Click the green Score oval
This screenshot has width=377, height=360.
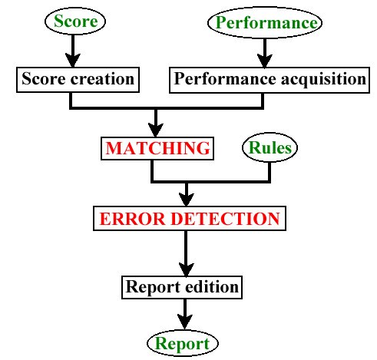click(x=75, y=21)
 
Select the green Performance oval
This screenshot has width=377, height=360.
click(x=265, y=23)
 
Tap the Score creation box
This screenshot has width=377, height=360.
click(x=78, y=80)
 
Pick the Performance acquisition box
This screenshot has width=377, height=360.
click(x=270, y=80)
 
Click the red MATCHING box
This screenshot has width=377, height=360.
click(x=157, y=148)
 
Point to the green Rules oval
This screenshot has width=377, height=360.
click(x=270, y=147)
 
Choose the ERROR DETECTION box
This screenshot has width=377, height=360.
click(x=190, y=219)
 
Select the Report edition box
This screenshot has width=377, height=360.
click(x=182, y=287)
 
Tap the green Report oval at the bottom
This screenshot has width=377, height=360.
click(x=183, y=343)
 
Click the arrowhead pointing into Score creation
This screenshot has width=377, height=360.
click(x=73, y=61)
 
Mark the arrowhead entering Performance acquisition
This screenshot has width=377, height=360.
click(x=265, y=61)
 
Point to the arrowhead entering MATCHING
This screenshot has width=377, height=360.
click(x=156, y=130)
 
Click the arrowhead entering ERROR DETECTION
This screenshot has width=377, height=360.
click(x=187, y=200)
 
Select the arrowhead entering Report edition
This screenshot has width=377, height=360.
click(x=186, y=269)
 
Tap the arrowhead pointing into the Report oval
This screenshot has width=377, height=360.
click(x=185, y=322)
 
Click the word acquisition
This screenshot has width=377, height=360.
click(x=323, y=79)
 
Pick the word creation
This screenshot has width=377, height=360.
click(x=102, y=79)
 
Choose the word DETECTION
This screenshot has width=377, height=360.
click(x=225, y=219)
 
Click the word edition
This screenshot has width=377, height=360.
click(x=212, y=287)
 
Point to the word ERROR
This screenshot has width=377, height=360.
click(x=132, y=219)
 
